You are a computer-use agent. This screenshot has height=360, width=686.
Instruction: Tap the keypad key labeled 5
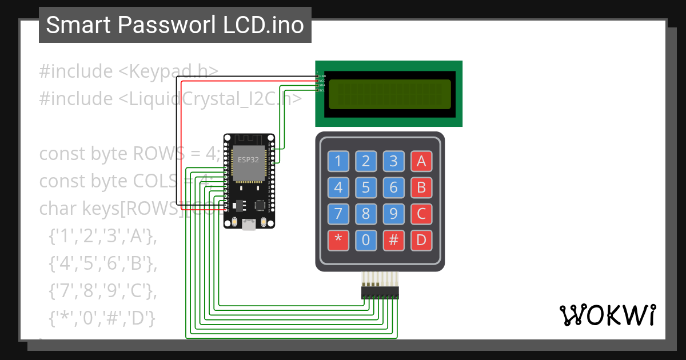(x=366, y=187)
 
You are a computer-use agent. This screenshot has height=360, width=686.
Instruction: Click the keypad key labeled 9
(x=393, y=214)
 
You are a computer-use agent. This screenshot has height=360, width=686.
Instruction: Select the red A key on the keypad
(x=421, y=161)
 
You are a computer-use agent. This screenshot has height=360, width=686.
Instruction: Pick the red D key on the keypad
(x=421, y=240)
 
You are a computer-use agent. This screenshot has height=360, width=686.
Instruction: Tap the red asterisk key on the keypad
(x=338, y=240)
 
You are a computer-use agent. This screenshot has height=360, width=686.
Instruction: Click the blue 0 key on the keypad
(x=366, y=240)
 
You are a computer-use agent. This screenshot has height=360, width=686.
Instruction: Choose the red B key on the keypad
(x=421, y=187)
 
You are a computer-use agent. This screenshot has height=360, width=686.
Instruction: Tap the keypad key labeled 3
(x=393, y=161)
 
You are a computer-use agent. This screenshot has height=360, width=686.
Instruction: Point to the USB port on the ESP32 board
(x=249, y=225)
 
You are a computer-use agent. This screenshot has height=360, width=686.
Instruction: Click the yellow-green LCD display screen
(x=389, y=94)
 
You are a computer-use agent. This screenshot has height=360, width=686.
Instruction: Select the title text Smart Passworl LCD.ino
(x=175, y=25)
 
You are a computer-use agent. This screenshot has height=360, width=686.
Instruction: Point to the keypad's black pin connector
(x=380, y=293)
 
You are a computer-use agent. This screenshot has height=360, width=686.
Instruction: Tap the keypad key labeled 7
(x=338, y=214)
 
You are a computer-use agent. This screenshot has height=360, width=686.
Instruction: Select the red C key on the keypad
(x=421, y=214)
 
